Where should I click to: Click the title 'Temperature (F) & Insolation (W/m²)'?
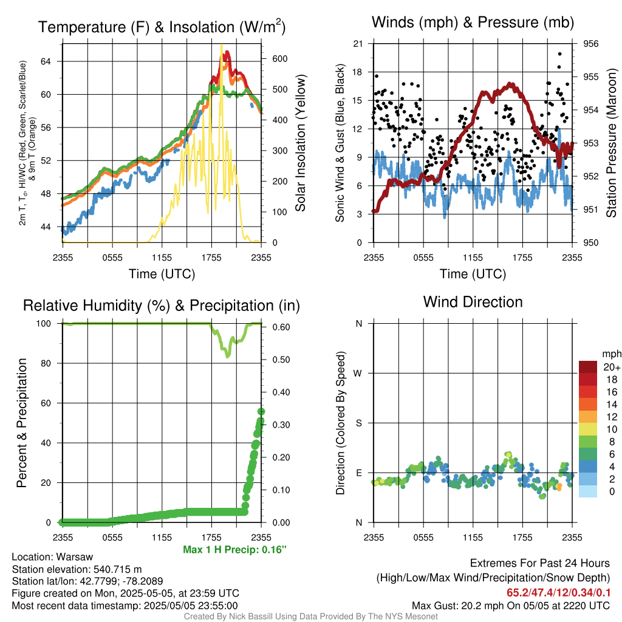point(162,27)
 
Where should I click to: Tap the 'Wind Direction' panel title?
point(473,302)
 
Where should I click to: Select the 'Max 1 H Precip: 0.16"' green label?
point(235,549)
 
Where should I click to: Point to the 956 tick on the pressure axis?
point(590,44)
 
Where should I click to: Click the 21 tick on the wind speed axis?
point(358,44)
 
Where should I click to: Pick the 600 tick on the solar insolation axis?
point(279,59)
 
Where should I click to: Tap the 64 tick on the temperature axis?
point(46,61)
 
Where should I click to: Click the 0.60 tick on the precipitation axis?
point(281,327)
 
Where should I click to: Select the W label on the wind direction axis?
point(358,374)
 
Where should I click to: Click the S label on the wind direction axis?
point(358,423)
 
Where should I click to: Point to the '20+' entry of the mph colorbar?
point(612,367)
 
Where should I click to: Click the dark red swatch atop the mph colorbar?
point(588,367)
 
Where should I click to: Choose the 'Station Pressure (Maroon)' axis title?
point(611,143)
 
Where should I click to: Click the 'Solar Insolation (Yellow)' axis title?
point(300,143)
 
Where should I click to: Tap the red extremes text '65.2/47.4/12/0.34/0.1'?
point(559,592)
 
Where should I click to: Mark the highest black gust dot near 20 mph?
point(559,54)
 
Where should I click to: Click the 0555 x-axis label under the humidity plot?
point(112,538)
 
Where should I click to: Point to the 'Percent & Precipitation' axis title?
point(21,423)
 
